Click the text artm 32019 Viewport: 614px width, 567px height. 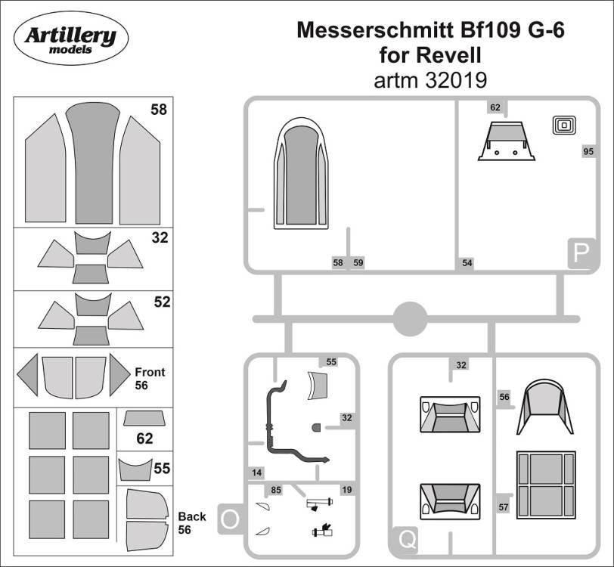(x=430, y=79)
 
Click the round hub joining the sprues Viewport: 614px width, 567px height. (x=410, y=318)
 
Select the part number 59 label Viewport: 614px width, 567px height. (x=358, y=263)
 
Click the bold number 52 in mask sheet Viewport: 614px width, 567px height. (x=161, y=302)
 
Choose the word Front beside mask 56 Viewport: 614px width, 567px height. (x=150, y=372)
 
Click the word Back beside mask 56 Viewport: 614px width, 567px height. (x=191, y=516)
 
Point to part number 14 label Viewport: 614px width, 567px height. (x=258, y=472)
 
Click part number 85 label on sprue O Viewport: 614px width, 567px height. (x=277, y=491)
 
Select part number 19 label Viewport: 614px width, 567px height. (x=347, y=491)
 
